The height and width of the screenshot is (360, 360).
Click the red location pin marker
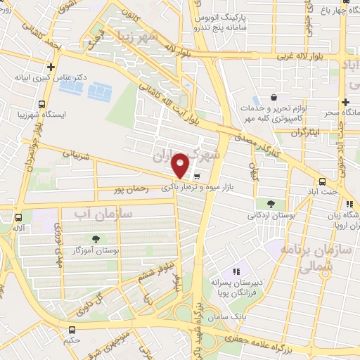tap(181, 165)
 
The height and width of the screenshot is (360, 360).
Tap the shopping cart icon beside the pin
tap(197, 176)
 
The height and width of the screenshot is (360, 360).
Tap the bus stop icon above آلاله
tap(18, 217)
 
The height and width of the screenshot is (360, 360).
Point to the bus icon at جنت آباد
tap(322, 180)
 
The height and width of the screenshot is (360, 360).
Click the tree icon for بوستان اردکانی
tap(271, 203)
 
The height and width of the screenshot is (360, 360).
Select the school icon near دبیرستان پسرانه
tap(237, 271)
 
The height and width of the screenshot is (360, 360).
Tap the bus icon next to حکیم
tap(72, 330)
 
